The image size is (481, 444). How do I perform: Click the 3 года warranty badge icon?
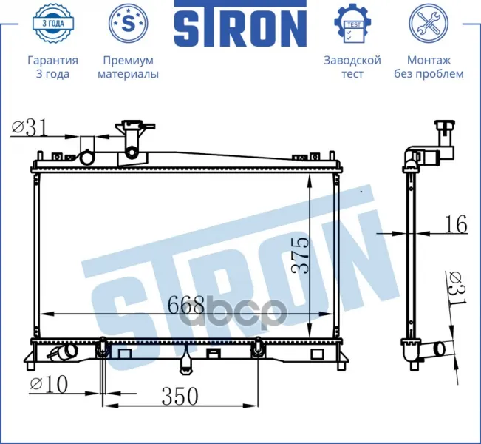click(53, 22)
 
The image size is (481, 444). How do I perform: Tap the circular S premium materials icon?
click(129, 22)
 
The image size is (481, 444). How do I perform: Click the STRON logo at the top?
click(241, 23)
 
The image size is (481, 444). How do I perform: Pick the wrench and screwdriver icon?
click(429, 22)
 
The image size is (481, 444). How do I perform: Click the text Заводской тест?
click(352, 67)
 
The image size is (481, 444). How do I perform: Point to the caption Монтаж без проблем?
click(429, 67)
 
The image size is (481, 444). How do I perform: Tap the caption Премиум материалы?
click(129, 67)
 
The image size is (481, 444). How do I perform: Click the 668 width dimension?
click(186, 305)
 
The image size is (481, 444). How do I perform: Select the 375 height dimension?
click(299, 255)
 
